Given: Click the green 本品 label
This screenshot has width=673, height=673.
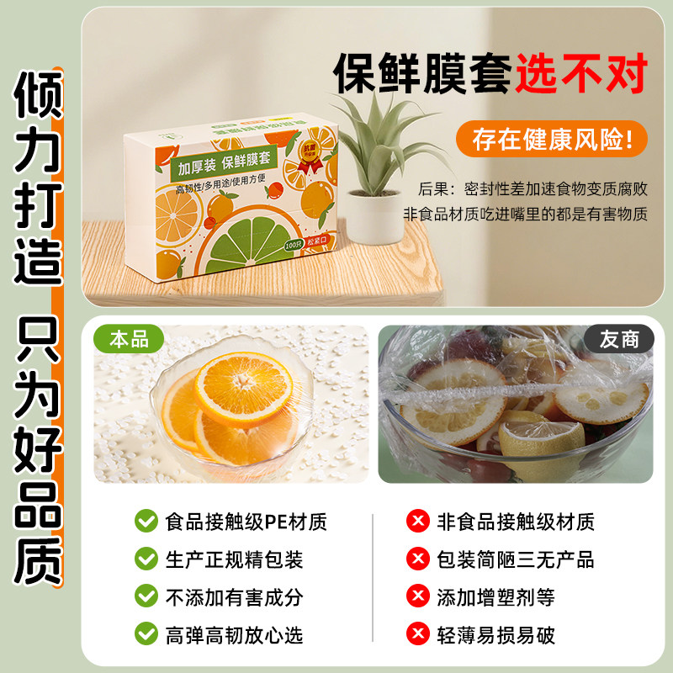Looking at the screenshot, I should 129,339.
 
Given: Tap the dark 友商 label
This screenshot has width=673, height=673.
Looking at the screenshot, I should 619,339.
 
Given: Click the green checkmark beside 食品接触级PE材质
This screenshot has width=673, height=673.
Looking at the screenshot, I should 146,522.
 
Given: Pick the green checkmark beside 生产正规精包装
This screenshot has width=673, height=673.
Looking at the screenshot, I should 146,559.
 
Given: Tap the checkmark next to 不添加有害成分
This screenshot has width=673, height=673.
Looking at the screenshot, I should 146,597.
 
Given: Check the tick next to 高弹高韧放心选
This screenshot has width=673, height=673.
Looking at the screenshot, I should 146,634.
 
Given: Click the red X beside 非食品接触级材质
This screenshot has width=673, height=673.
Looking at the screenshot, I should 416,522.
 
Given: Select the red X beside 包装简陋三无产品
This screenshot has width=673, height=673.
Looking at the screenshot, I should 416,559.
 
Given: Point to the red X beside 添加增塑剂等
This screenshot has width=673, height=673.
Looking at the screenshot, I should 416,597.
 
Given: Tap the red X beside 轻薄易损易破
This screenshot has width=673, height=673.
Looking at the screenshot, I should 416,634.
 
